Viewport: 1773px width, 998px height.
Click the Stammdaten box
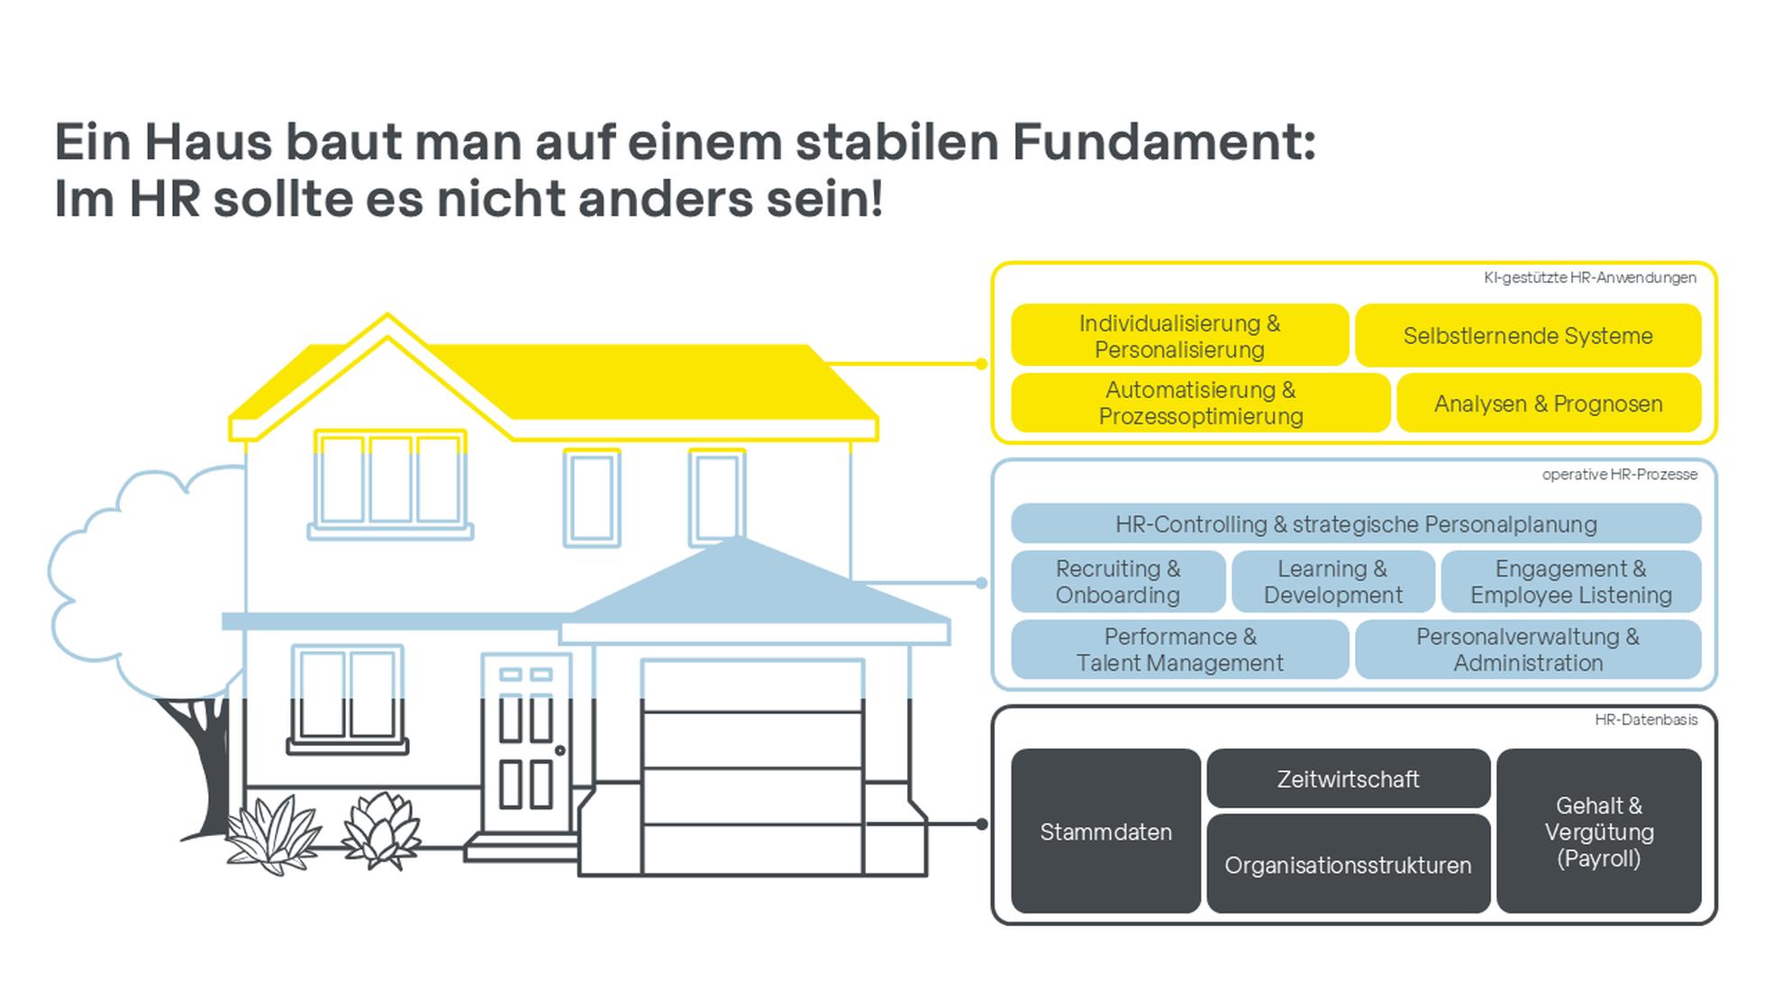tap(1105, 830)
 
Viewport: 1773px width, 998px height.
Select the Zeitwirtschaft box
tap(1348, 778)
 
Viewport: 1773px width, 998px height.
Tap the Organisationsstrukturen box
tap(1348, 864)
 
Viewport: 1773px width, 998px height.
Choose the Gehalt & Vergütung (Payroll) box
tap(1599, 830)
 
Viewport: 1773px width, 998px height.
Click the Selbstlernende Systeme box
tap(1528, 335)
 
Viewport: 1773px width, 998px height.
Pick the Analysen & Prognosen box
tap(1549, 403)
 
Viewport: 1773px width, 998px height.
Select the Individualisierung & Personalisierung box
tap(1179, 335)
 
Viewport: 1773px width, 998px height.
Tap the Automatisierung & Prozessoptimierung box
tap(1200, 403)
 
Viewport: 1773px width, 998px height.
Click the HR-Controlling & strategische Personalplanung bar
tap(1356, 523)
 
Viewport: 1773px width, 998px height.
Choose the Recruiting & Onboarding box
tap(1118, 581)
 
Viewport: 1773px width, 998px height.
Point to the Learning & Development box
tap(1333, 581)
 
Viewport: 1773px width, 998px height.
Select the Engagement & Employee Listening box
tap(1571, 581)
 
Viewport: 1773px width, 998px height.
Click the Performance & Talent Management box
tap(1179, 649)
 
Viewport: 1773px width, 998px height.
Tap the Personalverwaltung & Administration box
tap(1528, 649)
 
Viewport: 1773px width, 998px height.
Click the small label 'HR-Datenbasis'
tap(1646, 720)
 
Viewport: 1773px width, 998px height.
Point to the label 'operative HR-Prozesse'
tap(1619, 474)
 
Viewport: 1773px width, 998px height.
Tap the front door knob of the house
tap(560, 750)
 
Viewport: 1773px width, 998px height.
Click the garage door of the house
tap(752, 767)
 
